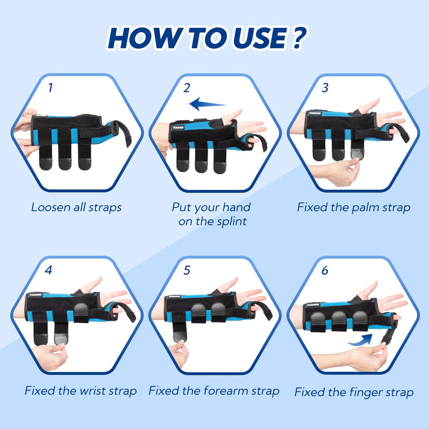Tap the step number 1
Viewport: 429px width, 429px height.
tap(50, 87)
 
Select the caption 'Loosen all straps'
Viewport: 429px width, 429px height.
tap(76, 207)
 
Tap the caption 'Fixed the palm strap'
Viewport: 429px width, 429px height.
tap(354, 207)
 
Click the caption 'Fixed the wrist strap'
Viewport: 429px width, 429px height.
tap(80, 391)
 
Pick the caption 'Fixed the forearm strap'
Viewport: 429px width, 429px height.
tap(214, 391)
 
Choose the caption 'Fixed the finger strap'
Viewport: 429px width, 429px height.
tap(354, 392)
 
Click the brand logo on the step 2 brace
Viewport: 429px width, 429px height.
tap(179, 127)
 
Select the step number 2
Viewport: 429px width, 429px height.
tap(187, 87)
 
